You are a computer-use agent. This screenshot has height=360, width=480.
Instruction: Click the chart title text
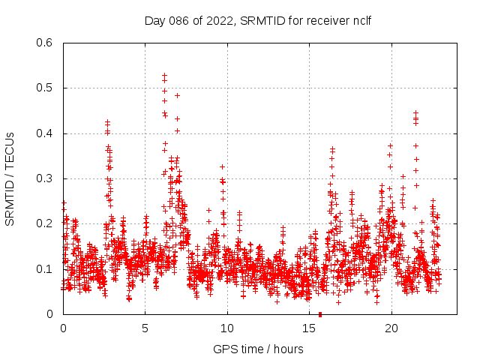tap(258, 20)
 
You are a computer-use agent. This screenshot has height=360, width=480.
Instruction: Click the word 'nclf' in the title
tap(361, 20)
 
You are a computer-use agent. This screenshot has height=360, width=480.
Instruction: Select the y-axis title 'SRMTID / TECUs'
tap(10, 178)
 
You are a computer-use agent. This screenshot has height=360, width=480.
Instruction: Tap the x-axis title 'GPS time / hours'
tap(258, 349)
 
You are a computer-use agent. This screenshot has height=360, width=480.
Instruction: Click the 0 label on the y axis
tap(50, 314)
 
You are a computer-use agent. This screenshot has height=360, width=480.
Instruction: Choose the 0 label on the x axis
tap(63, 328)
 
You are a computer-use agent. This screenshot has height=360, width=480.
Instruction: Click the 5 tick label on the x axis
tap(145, 328)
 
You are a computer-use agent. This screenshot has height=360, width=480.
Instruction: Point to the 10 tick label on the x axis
tap(227, 328)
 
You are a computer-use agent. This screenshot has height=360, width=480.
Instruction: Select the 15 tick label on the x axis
tap(309, 328)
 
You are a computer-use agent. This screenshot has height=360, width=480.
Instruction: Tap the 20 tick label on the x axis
tap(391, 328)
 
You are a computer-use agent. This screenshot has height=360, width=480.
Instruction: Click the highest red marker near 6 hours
tap(164, 76)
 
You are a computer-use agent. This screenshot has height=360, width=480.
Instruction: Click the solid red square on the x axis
tap(320, 314)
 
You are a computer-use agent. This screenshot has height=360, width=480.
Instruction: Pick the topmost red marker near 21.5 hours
tap(415, 113)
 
